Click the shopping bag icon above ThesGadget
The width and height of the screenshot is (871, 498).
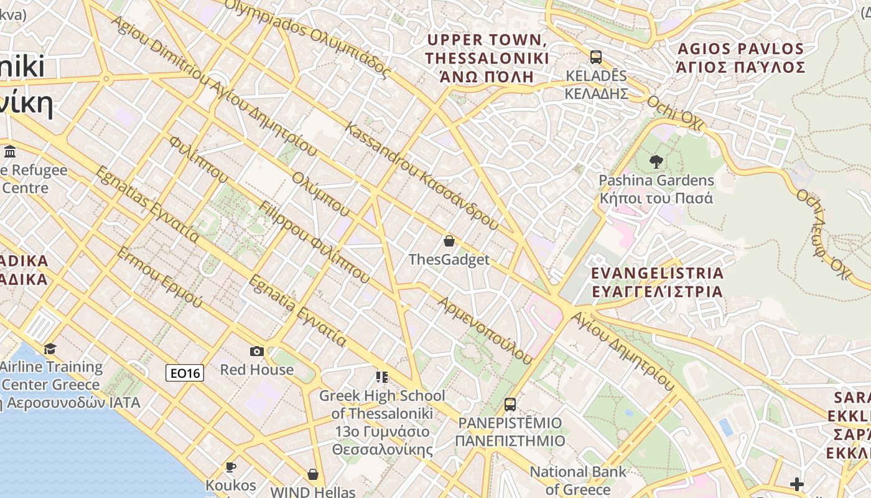click(x=449, y=241)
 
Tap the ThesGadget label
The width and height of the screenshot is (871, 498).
click(x=449, y=260)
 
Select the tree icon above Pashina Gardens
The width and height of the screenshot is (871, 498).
click(x=656, y=162)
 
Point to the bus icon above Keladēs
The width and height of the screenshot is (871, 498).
click(x=595, y=57)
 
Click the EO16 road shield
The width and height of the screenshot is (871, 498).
click(x=185, y=373)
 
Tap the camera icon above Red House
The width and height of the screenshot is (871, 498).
click(x=256, y=352)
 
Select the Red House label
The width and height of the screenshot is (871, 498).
click(x=256, y=370)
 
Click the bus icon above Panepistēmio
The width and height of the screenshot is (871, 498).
click(x=510, y=405)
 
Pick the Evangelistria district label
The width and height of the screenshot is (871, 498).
click(x=657, y=282)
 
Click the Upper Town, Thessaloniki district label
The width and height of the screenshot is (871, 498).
click(x=487, y=59)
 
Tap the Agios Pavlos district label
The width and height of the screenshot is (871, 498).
click(x=740, y=58)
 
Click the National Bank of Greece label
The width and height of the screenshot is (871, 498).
click(x=578, y=481)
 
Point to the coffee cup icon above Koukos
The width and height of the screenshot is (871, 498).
click(x=231, y=467)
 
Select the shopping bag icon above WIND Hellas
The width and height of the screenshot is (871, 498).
click(x=312, y=474)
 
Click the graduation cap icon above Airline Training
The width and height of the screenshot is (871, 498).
click(x=50, y=349)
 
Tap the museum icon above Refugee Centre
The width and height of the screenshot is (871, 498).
click(x=10, y=152)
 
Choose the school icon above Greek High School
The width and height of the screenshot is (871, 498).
click(x=381, y=377)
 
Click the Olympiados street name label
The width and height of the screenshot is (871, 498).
click(x=307, y=37)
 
